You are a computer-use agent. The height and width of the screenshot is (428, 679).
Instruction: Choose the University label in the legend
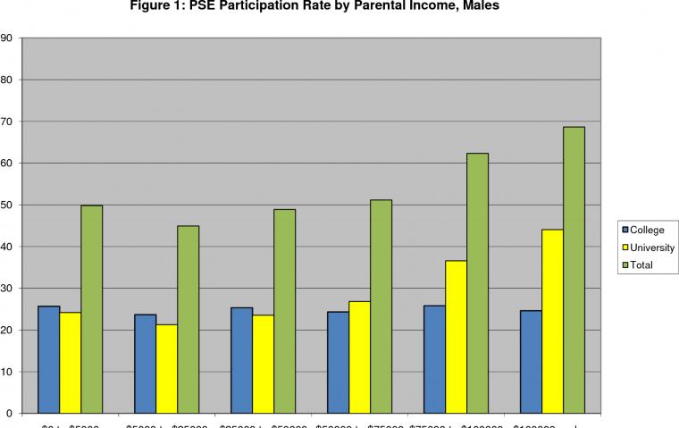(x=652, y=248)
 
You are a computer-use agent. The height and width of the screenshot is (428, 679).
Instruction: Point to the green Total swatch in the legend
(x=625, y=265)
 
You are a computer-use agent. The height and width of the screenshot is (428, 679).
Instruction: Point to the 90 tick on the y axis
(x=6, y=38)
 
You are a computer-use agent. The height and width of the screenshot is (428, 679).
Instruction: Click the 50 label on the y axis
(x=6, y=206)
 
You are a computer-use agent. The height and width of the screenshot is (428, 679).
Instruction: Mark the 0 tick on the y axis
(x=8, y=414)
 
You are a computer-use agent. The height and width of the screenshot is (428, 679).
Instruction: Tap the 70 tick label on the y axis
(x=6, y=122)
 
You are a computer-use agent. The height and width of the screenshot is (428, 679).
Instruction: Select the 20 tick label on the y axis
(x=6, y=331)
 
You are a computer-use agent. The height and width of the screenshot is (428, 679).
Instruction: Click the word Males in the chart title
(x=479, y=8)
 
